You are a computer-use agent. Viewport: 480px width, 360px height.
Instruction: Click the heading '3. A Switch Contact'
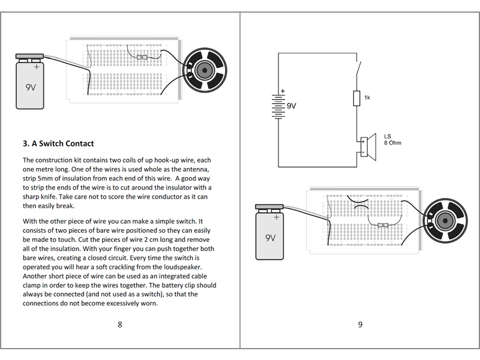coord(58,144)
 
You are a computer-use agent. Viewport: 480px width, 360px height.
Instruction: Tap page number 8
coord(120,325)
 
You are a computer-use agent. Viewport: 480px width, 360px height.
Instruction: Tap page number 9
coord(360,325)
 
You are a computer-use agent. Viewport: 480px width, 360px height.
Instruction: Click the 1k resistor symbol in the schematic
coord(356,98)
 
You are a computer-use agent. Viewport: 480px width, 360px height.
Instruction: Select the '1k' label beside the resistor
coord(367,97)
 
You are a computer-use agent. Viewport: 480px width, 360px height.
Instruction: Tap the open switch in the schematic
coord(358,68)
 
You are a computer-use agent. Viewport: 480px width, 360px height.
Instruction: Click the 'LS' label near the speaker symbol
coord(388,136)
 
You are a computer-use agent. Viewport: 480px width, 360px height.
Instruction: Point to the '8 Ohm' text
coord(392,143)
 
